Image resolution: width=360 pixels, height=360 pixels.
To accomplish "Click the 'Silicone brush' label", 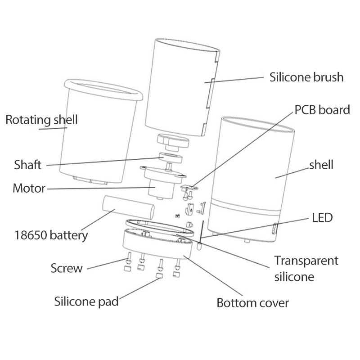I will (306, 77).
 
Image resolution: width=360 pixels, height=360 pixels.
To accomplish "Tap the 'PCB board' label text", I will (322, 110).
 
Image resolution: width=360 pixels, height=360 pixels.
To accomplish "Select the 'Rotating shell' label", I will (41, 120).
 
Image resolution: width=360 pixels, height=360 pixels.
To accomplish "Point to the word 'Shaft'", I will (27, 165).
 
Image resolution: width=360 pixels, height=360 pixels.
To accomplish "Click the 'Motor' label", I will (29, 188).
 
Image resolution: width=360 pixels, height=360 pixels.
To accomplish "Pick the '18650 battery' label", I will (51, 234).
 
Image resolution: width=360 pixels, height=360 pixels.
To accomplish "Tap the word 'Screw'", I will (67, 268).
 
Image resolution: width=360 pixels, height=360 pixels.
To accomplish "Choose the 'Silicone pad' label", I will (86, 301).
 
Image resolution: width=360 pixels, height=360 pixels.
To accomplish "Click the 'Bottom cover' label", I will (252, 302).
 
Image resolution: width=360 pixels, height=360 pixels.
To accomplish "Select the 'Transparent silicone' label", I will (306, 268).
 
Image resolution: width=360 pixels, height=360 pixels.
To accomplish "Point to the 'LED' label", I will (322, 218).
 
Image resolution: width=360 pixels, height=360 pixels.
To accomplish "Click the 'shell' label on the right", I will (321, 165).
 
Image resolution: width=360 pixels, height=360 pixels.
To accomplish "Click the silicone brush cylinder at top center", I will (180, 85).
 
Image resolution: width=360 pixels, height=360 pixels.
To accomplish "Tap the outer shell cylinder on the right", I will (252, 171).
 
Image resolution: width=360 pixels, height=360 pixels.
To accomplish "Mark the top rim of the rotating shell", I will (103, 84).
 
